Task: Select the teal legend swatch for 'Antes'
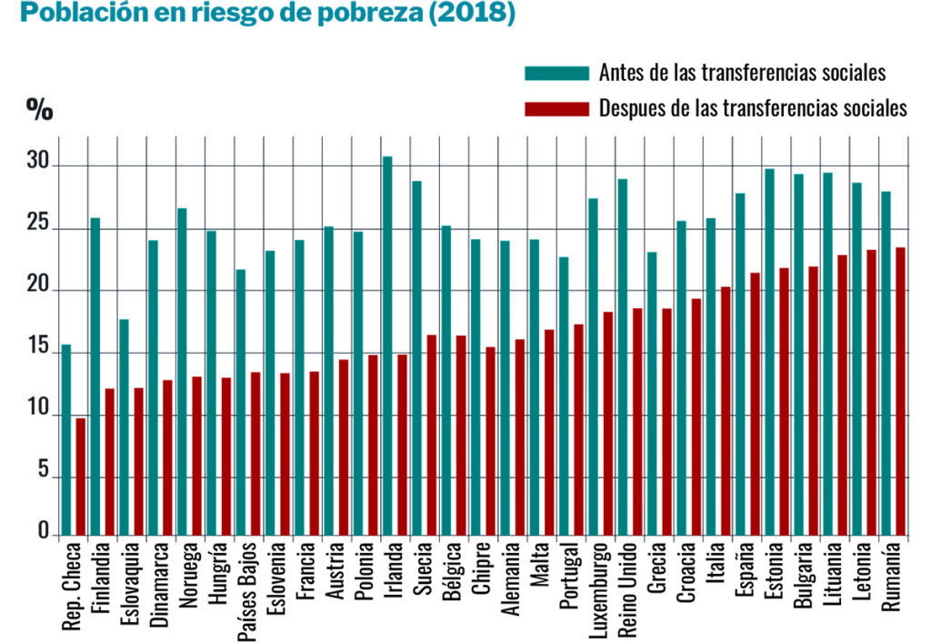pos(556,73)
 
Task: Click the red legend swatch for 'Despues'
pos(556,109)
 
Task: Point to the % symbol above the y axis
pos(39,110)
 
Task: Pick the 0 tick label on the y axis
pos(42,531)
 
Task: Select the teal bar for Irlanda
pos(387,346)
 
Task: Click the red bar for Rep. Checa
pos(80,477)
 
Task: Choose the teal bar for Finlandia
pos(95,377)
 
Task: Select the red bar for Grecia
pos(666,422)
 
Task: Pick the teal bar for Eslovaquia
pos(125,427)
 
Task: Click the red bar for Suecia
pos(431,435)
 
